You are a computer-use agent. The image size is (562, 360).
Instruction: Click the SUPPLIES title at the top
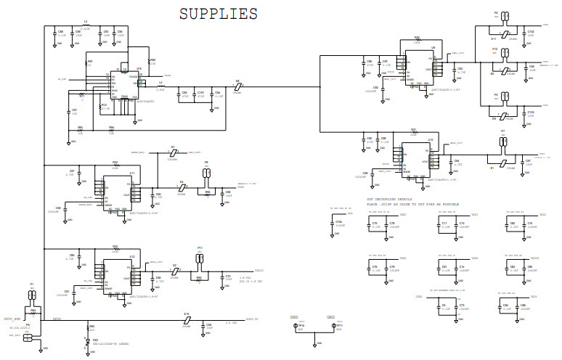(x=219, y=14)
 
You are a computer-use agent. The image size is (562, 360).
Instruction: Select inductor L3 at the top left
(x=86, y=26)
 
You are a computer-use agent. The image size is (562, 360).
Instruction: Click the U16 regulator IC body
(x=124, y=83)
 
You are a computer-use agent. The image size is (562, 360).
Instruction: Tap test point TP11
(x=335, y=326)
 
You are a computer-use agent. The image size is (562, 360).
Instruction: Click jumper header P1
(x=32, y=295)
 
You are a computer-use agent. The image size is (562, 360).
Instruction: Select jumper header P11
(x=200, y=257)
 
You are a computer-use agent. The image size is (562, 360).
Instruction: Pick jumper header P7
(x=502, y=140)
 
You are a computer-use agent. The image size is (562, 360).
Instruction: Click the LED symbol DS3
(x=86, y=342)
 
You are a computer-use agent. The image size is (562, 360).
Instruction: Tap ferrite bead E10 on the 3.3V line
(x=187, y=319)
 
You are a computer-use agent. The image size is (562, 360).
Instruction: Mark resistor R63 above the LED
(x=86, y=328)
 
